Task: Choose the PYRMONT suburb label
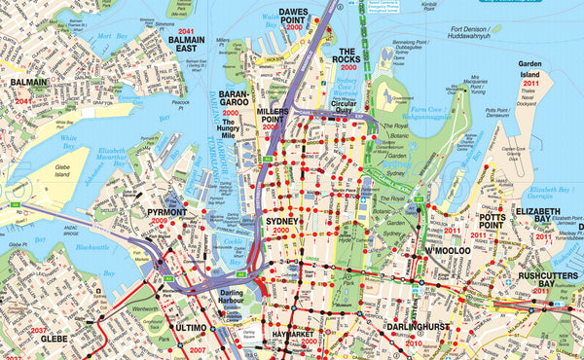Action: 166,211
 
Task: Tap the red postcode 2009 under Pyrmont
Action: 159,221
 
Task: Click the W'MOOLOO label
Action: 447,251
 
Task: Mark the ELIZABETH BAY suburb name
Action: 538,217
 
